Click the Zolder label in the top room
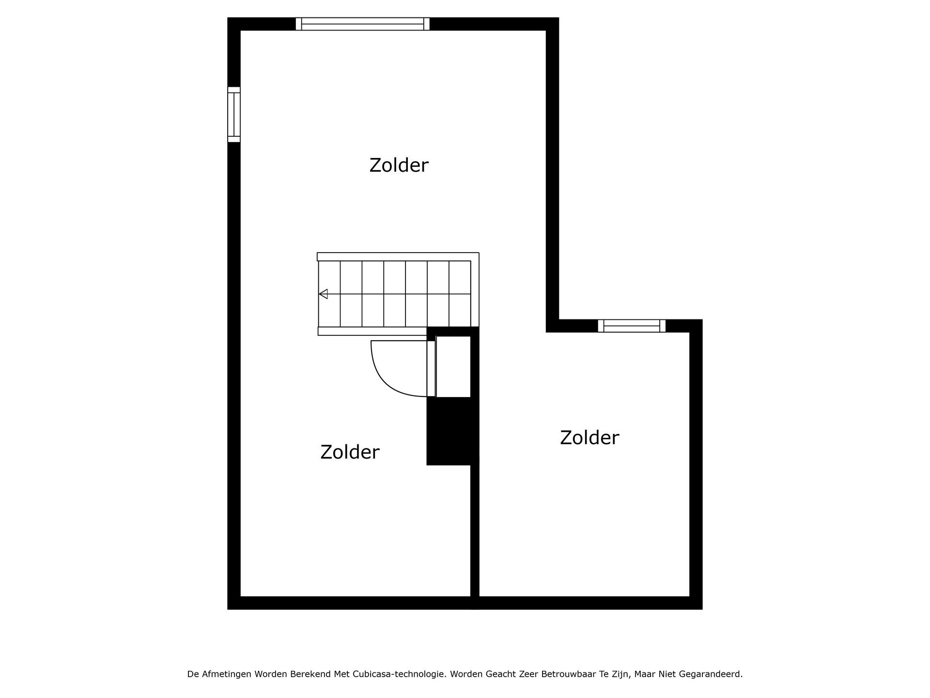[399, 165]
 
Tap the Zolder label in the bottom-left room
[350, 452]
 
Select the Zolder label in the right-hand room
[589, 438]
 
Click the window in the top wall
[363, 24]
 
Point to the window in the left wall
[234, 114]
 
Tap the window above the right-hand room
[632, 326]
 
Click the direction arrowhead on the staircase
[323, 294]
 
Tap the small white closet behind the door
[453, 366]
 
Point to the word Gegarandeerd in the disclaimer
[711, 674]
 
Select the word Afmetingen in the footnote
[228, 674]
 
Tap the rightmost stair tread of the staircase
[460, 294]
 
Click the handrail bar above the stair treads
[398, 257]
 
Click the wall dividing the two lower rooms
[475, 531]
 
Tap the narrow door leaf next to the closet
[431, 368]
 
